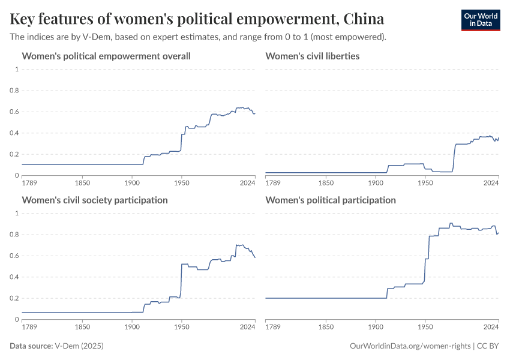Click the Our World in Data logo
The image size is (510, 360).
tap(480, 20)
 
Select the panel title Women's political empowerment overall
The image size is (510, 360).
tap(106, 56)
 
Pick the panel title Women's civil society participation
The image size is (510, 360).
tap(95, 200)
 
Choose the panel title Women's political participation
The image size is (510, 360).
tap(330, 200)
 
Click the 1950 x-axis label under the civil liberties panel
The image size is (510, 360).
tap(425, 182)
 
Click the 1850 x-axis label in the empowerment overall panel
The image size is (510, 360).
tap(83, 182)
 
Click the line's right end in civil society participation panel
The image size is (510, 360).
tap(255, 257)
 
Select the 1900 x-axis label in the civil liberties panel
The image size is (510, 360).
tap(376, 182)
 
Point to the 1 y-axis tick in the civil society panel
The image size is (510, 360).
tap(17, 213)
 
